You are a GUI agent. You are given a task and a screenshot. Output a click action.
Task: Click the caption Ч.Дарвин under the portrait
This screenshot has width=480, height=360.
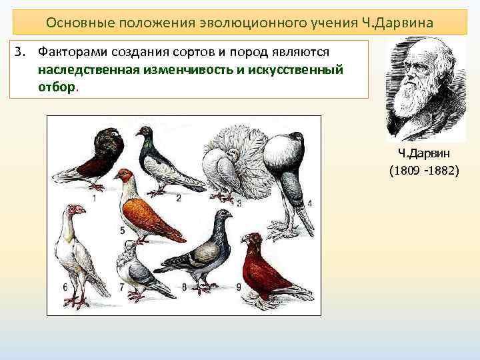point(423,155)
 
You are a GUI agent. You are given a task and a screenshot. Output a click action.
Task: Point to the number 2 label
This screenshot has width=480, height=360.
point(179,197)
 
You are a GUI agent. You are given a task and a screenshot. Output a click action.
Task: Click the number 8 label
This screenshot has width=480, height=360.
point(184,288)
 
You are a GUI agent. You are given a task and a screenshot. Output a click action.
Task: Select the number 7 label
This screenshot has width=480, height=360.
point(121,287)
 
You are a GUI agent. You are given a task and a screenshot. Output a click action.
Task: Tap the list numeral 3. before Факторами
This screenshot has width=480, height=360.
point(20,51)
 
